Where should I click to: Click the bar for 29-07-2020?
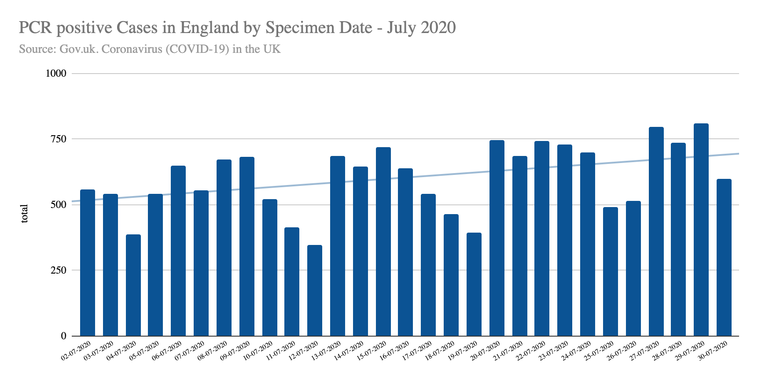(701, 230)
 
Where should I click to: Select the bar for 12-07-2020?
(315, 290)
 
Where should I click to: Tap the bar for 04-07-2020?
(133, 285)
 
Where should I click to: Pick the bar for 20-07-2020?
(497, 238)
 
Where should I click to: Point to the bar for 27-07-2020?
(656, 231)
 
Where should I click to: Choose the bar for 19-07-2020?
(474, 284)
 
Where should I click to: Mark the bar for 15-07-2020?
(383, 241)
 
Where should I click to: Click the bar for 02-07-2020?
(88, 263)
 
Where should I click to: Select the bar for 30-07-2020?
(724, 257)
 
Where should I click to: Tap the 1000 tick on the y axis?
(56, 74)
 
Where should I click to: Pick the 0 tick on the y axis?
(63, 336)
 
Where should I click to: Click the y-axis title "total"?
(24, 214)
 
